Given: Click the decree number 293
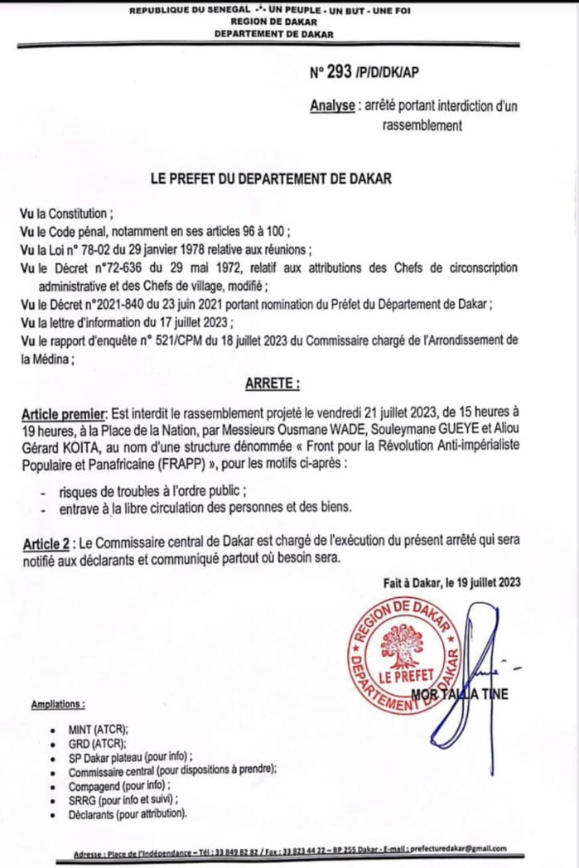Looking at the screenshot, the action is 340,72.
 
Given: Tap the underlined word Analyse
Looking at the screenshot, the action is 332,106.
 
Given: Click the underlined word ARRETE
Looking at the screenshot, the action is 272,384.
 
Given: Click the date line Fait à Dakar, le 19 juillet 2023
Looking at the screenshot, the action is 451,582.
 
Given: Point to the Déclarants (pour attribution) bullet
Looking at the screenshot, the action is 128,813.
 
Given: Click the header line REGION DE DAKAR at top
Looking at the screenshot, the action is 273,23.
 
